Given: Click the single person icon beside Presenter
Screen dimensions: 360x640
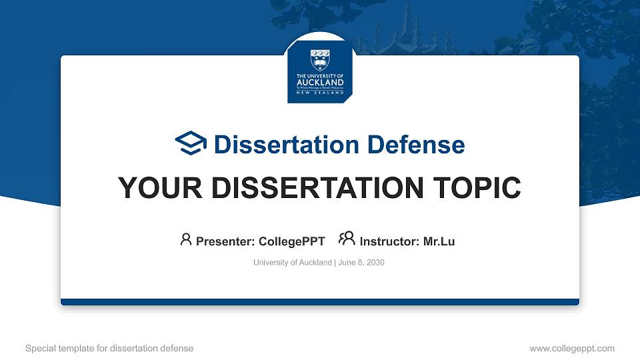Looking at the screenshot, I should click(x=186, y=239).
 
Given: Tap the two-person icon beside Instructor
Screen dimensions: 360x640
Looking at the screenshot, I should click(x=347, y=239).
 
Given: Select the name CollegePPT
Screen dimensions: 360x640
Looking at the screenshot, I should click(x=291, y=241).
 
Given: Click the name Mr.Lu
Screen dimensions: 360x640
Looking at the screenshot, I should click(x=439, y=241).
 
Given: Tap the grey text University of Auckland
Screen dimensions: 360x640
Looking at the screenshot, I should click(x=292, y=263).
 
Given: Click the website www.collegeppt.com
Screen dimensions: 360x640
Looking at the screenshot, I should click(x=571, y=348).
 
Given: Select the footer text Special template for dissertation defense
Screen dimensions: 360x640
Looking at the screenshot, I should click(x=109, y=348).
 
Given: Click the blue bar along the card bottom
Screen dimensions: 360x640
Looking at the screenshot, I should click(x=320, y=302).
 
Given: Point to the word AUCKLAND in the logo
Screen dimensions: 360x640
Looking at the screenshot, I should click(x=321, y=83).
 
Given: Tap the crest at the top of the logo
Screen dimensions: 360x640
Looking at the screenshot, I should click(x=321, y=59).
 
